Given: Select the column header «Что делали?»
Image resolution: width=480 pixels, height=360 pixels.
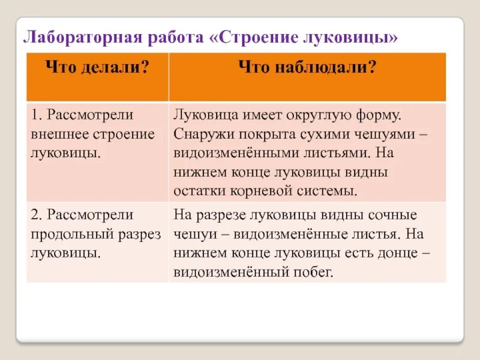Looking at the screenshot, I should (x=97, y=68).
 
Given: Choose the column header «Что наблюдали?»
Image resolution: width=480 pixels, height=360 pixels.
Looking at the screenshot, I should (x=307, y=68).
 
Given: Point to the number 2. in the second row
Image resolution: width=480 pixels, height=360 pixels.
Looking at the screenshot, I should (x=37, y=214).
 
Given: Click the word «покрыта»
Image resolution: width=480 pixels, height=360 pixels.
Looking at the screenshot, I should (x=266, y=133).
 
